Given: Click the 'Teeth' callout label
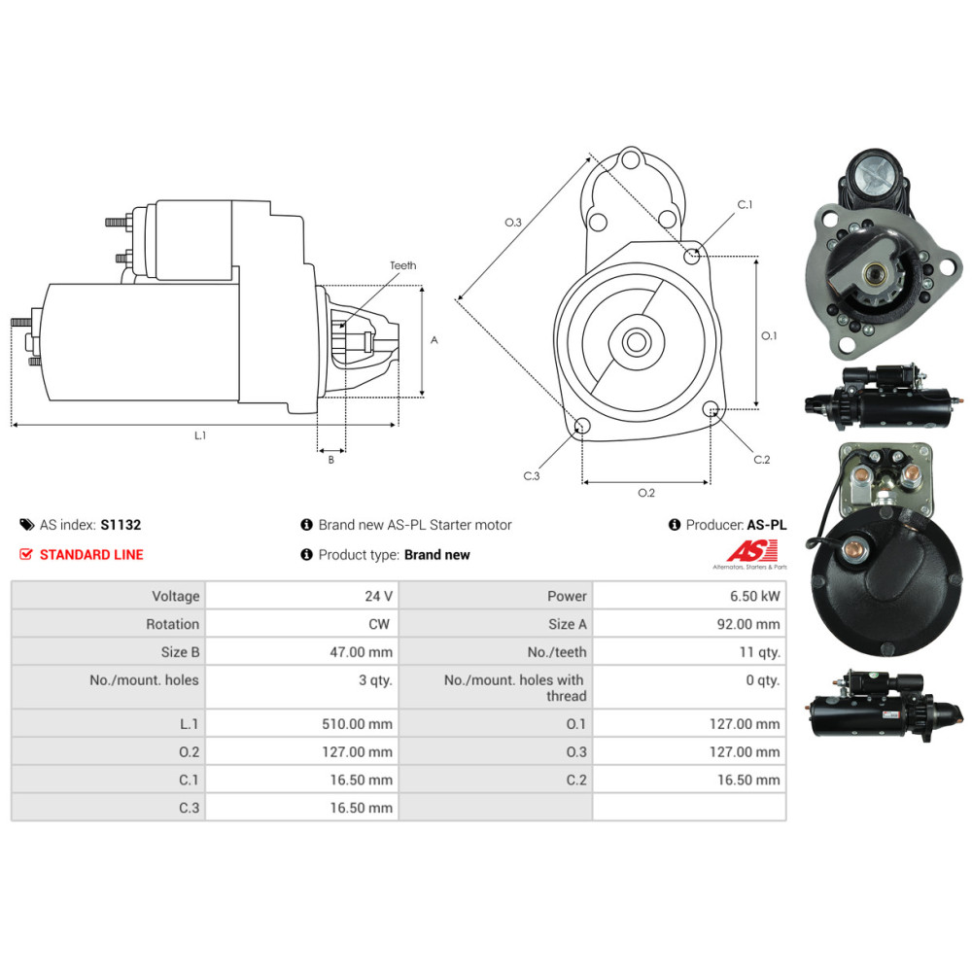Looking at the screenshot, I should point(402,265).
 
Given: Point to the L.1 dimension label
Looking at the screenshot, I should point(200,435).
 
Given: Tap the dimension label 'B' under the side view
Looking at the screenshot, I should point(330,460).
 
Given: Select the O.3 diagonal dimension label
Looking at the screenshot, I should point(513,223).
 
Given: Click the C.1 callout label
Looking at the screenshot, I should point(745,205).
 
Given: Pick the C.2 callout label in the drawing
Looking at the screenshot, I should point(761,459).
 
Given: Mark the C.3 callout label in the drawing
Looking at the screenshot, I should point(531,475).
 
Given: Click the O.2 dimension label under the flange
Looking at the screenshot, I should point(645,493).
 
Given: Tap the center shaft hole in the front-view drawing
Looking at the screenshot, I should point(638,342).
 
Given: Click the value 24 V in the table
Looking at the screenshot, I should point(378,596).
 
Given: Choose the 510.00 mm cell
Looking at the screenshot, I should point(360,723).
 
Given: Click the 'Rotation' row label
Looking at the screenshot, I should point(172,624).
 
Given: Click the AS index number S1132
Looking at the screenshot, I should point(121,525).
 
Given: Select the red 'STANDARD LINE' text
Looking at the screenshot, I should point(90,554).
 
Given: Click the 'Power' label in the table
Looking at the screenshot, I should point(567,596).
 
